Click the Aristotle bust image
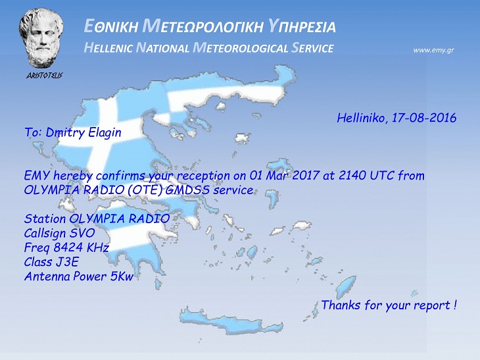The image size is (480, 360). tap(41, 38)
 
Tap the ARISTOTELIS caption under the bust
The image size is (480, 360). tap(45, 76)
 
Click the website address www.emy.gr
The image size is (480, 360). tap(433, 50)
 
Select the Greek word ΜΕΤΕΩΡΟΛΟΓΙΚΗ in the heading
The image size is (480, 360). tap(203, 27)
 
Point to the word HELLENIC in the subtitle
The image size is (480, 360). tap(108, 48)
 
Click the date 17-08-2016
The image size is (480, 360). tap(424, 118)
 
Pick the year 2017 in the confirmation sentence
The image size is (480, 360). tap(306, 176)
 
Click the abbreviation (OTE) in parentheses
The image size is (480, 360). tap(145, 190)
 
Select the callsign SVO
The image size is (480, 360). tap(82, 234)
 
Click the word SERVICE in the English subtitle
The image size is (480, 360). tap(312, 48)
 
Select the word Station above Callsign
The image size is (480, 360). tap(45, 219)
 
